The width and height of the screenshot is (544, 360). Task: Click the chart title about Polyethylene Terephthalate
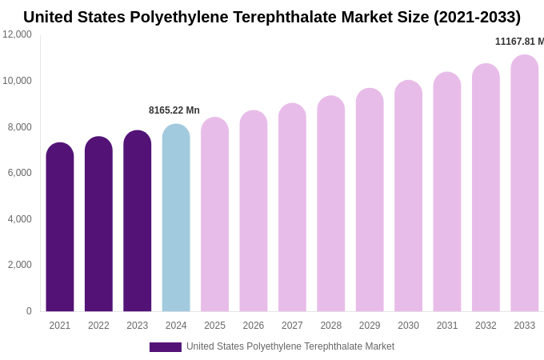pos(272,17)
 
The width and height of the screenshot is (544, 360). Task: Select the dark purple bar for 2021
pos(60,228)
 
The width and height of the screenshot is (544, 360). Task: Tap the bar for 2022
pos(98,225)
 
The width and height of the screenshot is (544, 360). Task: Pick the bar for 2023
pos(138,222)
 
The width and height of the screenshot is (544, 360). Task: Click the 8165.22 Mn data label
pos(174,110)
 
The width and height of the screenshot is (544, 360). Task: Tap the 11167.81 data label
pos(519,42)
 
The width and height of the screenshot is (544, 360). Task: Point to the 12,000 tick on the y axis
pos(17,34)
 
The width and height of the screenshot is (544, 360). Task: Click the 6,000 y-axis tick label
pos(19,173)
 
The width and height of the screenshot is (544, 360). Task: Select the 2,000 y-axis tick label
pos(19,265)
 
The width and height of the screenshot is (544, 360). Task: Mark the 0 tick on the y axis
pos(29,311)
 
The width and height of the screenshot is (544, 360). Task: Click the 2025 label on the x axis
pos(214,326)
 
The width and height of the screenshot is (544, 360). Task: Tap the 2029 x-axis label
pos(370,326)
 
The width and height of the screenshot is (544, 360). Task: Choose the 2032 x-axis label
pos(486,326)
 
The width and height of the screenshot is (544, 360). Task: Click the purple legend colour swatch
pos(166,347)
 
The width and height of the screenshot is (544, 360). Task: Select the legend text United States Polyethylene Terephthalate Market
pos(290,346)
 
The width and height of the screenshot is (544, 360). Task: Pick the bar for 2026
pos(254,212)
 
